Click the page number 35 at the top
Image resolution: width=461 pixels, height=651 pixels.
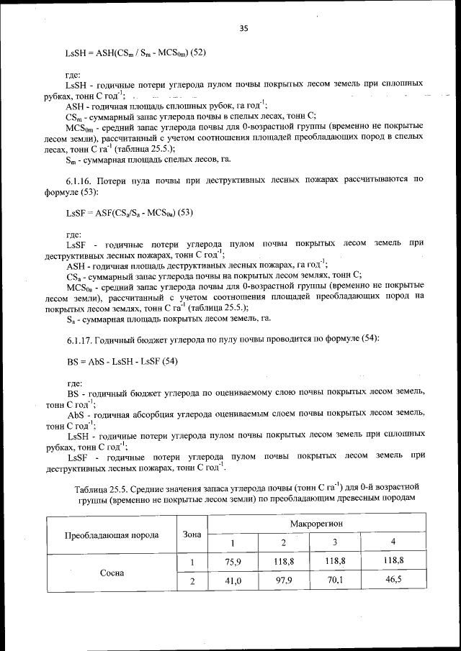point(243,29)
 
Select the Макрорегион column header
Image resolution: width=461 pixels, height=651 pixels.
point(316,524)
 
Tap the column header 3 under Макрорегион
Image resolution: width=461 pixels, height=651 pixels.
point(334,542)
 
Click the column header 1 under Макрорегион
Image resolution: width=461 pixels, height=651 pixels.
point(232,542)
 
